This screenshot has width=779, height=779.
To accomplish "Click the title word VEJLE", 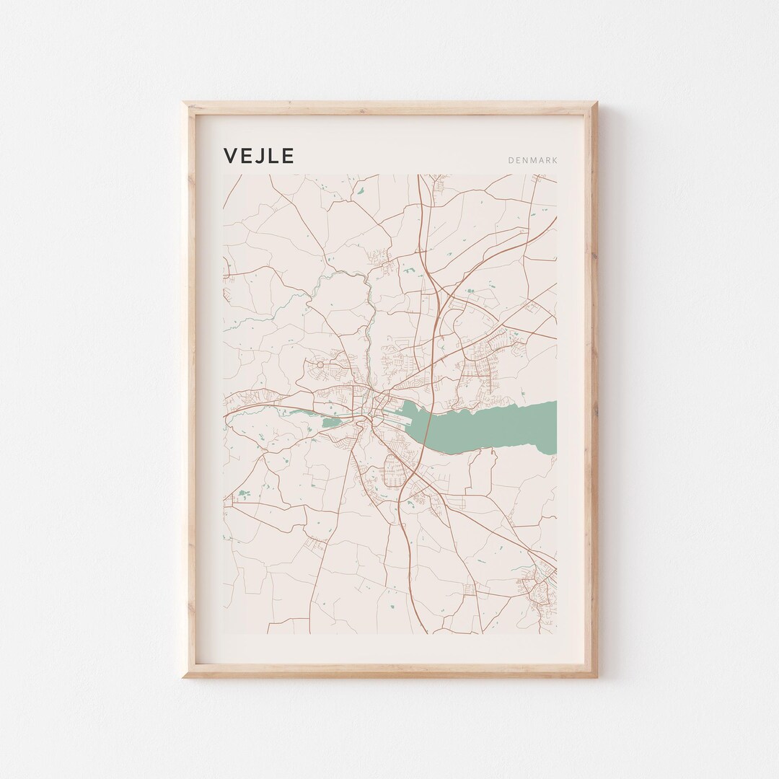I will coord(258,157).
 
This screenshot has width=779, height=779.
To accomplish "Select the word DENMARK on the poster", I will coord(532,160).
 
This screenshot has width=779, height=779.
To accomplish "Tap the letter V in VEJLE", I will coord(231,157).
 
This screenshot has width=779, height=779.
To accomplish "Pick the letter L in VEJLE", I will coord(276,157).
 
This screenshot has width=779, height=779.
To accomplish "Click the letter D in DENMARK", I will coord(511,160).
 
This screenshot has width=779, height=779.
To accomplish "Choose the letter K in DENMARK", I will coord(554,160).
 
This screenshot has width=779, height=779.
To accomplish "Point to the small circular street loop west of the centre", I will coord(320,365).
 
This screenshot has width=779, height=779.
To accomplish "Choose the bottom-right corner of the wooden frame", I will coord(596,676).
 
